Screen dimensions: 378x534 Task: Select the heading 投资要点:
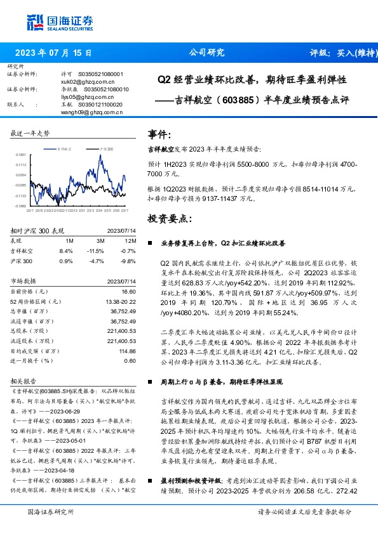(167, 218)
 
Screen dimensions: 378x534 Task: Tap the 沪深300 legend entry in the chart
(106, 148)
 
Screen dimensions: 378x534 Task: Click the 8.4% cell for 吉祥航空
(68, 251)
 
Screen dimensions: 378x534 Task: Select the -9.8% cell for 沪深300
(129, 260)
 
